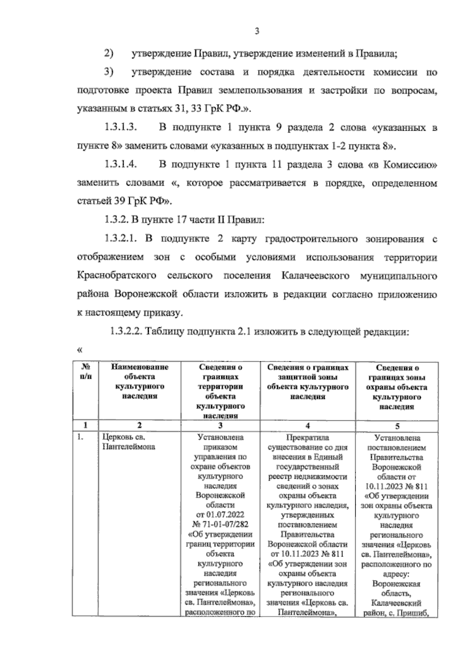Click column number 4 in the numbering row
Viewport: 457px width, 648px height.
click(x=308, y=426)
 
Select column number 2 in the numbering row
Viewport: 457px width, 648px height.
click(x=140, y=426)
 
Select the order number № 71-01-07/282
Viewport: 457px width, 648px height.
click(x=220, y=524)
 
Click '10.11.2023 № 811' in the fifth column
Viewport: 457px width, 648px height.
click(x=396, y=487)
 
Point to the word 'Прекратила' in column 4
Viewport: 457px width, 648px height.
click(x=308, y=438)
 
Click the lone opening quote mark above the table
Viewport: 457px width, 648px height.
click(x=80, y=350)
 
